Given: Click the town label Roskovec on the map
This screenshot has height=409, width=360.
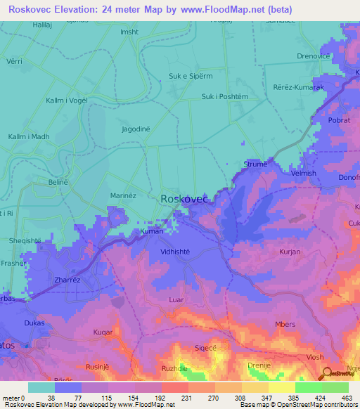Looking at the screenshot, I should pyautogui.click(x=184, y=200).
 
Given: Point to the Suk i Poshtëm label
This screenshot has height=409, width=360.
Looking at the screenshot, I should pyautogui.click(x=224, y=97).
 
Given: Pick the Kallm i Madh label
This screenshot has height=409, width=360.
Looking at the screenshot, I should pyautogui.click(x=29, y=137).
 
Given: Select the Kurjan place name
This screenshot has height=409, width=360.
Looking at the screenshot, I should pyautogui.click(x=290, y=252).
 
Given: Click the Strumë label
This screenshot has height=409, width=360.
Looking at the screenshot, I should pyautogui.click(x=255, y=164).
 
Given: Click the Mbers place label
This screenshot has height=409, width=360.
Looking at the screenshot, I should pyautogui.click(x=285, y=324).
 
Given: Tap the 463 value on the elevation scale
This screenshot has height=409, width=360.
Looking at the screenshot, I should pyautogui.click(x=346, y=398).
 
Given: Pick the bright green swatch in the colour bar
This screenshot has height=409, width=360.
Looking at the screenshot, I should pyautogui.click(x=308, y=387).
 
